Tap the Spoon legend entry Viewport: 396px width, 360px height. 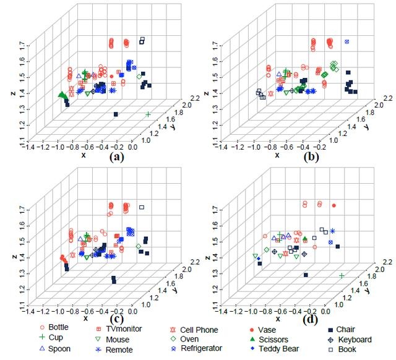(x=56, y=348)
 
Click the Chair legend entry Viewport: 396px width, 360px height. (x=342, y=329)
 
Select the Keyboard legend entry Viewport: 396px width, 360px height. (x=350, y=339)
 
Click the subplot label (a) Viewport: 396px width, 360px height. (x=116, y=157)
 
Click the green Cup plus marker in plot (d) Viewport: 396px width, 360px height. (x=341, y=275)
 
